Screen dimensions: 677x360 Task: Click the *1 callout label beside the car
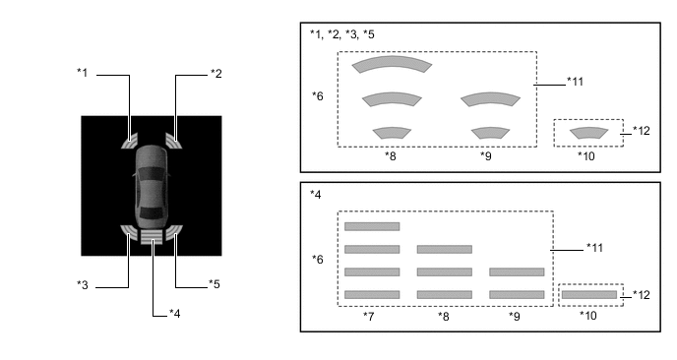click(82, 73)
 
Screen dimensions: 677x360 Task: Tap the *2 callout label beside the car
click(216, 74)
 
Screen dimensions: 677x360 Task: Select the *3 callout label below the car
click(83, 285)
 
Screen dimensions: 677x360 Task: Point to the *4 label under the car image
click(175, 314)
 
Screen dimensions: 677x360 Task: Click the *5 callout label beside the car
click(215, 284)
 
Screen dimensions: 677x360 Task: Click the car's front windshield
click(152, 174)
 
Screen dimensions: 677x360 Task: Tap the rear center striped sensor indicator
click(152, 236)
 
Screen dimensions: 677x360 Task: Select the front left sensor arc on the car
click(130, 141)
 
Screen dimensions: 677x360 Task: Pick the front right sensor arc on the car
click(173, 141)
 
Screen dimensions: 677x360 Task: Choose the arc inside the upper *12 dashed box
click(588, 132)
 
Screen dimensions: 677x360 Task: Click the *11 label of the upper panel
click(575, 82)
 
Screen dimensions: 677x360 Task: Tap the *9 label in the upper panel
click(486, 155)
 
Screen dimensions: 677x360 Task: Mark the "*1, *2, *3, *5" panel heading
click(342, 34)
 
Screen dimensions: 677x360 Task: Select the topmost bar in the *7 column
click(372, 226)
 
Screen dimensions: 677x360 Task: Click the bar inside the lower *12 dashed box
click(589, 295)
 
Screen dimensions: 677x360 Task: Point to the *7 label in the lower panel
click(369, 316)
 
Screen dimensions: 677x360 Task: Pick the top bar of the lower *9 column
click(517, 271)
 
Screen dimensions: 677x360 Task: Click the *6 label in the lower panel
click(317, 260)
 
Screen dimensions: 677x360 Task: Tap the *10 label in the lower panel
click(588, 316)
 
